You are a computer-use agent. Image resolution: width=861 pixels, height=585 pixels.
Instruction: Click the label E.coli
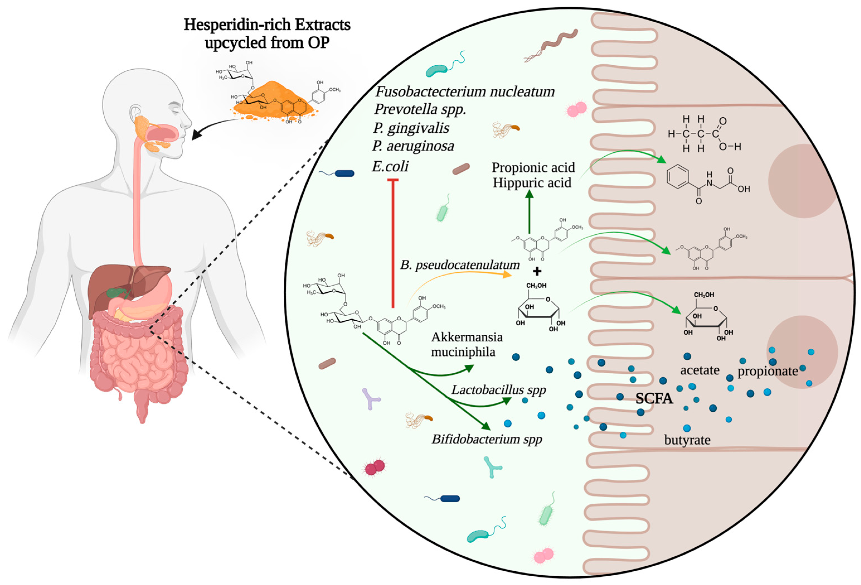(390, 166)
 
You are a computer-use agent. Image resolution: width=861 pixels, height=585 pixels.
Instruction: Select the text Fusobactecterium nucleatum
(465, 91)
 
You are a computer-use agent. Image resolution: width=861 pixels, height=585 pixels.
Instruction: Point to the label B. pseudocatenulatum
(460, 265)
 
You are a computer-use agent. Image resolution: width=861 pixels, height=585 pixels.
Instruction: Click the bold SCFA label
(654, 398)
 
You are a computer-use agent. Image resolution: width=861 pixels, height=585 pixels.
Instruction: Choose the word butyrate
(687, 440)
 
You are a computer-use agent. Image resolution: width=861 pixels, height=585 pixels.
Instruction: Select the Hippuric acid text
(532, 183)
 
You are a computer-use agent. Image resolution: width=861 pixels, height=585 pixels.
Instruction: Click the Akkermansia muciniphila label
(467, 344)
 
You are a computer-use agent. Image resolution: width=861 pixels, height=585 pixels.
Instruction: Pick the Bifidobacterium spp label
(487, 440)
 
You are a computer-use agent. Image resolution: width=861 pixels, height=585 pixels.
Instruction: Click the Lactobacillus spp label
(498, 390)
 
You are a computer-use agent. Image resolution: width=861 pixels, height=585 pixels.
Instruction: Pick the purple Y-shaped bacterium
(371, 399)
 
